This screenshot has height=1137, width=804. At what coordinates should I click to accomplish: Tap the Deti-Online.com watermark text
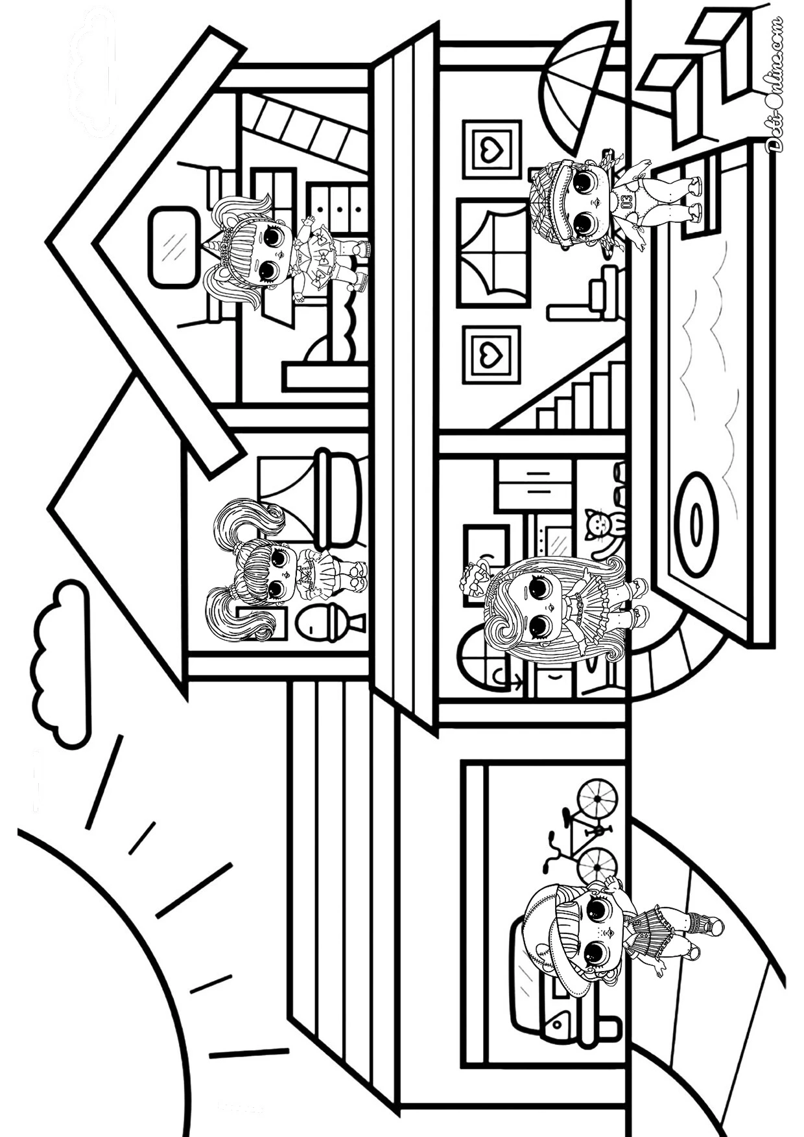coord(774,84)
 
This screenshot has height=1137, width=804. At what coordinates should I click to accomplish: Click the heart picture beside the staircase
coord(492,355)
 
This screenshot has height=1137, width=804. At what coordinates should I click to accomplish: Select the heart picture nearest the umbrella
coord(491,150)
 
